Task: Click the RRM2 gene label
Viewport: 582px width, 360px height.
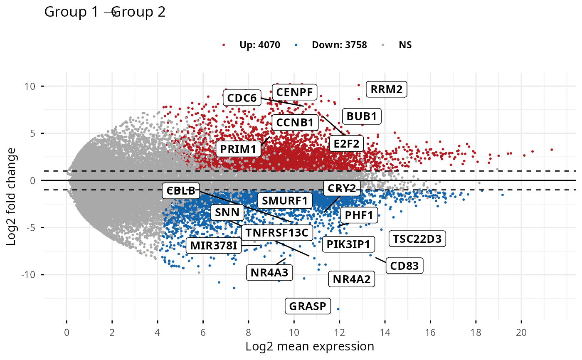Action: pyautogui.click(x=386, y=89)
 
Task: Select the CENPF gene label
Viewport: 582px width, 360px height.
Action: pyautogui.click(x=295, y=92)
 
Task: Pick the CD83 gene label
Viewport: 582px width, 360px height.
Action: pyautogui.click(x=404, y=265)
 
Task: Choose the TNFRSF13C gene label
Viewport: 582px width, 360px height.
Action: pyautogui.click(x=276, y=232)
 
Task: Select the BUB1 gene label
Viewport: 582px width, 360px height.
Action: pyautogui.click(x=361, y=116)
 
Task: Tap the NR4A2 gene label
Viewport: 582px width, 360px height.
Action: pyautogui.click(x=351, y=279)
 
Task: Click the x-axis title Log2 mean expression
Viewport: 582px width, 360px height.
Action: pyautogui.click(x=310, y=346)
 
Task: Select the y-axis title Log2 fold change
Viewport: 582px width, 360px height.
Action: pyautogui.click(x=12, y=196)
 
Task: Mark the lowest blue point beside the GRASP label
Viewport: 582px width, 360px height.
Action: pyautogui.click(x=338, y=309)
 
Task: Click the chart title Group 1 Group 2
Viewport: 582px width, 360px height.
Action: pyautogui.click(x=105, y=12)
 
